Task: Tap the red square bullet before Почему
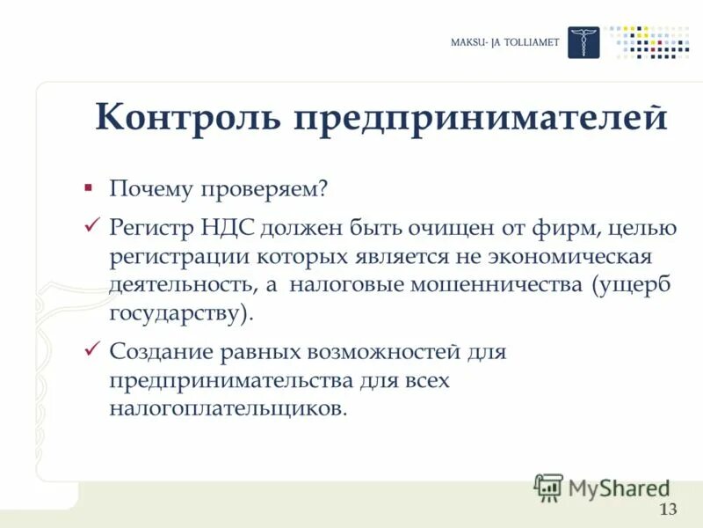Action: (x=88, y=188)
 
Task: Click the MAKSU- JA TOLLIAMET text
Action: (x=504, y=43)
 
